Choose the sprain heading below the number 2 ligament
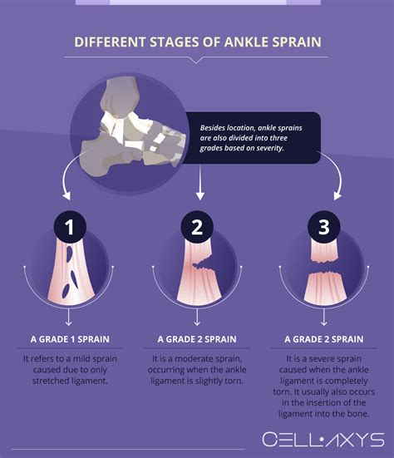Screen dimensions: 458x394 (197, 339)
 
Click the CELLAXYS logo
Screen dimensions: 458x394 (323, 438)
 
